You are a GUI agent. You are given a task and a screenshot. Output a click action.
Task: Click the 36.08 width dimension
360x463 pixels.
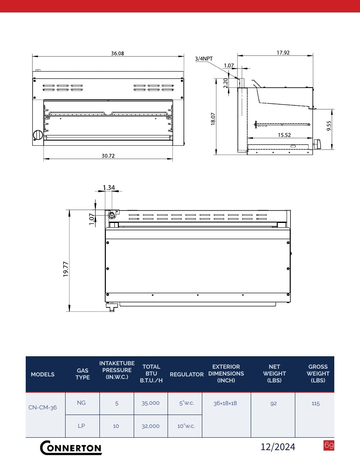[117, 54]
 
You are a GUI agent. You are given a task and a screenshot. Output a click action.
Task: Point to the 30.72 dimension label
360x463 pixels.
[108, 156]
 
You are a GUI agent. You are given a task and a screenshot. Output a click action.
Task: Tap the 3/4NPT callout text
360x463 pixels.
[204, 58]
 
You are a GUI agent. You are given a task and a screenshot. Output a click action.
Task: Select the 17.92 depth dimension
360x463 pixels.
[283, 53]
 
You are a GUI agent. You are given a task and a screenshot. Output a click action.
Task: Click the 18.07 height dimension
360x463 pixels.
[213, 119]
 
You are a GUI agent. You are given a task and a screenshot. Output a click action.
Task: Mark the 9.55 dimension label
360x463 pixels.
[329, 126]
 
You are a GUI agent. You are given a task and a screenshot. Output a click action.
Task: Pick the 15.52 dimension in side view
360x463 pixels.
[284, 135]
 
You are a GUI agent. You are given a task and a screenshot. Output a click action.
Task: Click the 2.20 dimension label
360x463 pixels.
[226, 83]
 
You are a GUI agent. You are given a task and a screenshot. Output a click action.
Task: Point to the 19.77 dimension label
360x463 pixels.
[66, 269]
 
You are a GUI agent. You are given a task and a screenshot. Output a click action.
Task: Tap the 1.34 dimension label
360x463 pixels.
[109, 187]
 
